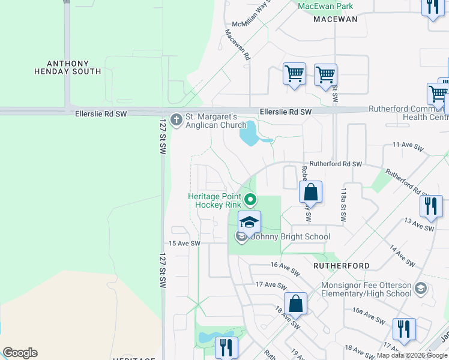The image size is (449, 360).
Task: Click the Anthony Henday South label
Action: pos(74,67)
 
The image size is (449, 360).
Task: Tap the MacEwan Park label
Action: pos(325,7)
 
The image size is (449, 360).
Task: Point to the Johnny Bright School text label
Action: pos(289,236)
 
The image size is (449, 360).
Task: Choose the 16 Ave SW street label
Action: pos(285,268)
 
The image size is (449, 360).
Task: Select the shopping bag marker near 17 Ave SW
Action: pos(296,304)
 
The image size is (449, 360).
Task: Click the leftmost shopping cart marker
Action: pos(294,74)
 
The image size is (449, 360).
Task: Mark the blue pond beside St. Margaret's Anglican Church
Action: pos(249,134)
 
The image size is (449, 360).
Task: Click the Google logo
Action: pos(20,353)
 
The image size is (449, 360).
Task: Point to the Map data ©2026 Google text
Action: pos(412,355)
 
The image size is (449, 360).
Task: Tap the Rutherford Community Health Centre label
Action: pos(408,113)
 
